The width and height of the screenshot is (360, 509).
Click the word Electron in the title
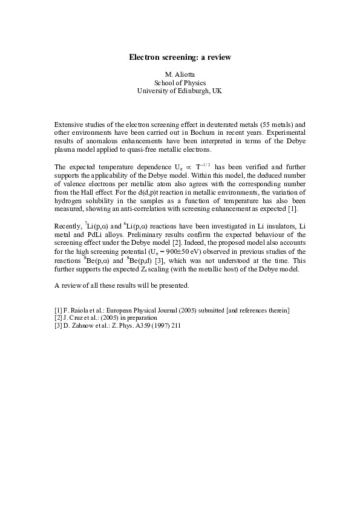pos(143,57)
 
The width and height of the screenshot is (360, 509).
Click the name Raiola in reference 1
pos(80,310)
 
